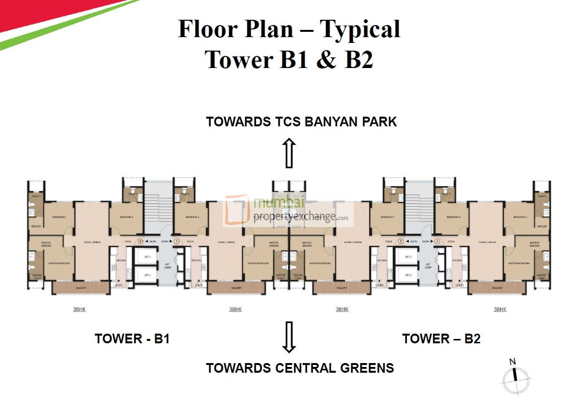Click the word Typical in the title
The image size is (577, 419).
coord(360,29)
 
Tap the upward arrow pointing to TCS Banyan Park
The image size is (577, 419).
coord(289,153)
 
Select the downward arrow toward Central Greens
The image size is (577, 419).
coord(289,337)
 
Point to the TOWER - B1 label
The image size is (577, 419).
coord(132,338)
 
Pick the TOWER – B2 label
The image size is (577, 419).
coord(441,338)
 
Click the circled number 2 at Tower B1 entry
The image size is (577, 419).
coord(140,242)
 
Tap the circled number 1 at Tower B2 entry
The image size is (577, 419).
coord(437,242)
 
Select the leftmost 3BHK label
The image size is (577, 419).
coord(80,309)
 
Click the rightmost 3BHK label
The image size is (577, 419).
coord(500,309)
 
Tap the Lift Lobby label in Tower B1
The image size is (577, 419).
coord(167,266)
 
